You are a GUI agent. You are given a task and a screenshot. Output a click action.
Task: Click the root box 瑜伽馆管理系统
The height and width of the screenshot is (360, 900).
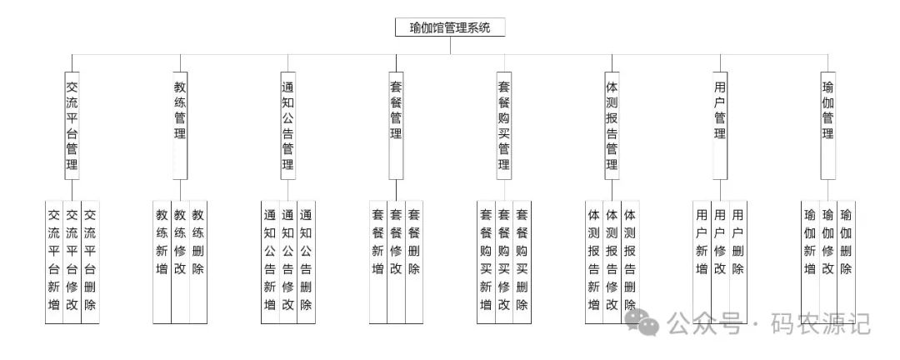tap(450, 27)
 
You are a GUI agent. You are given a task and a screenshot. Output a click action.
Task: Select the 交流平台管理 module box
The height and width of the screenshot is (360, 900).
tap(72, 125)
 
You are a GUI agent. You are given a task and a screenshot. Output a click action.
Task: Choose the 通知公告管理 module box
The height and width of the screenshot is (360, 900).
tap(288, 125)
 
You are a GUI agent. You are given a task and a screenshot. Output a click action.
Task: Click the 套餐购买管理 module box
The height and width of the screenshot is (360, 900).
tap(504, 125)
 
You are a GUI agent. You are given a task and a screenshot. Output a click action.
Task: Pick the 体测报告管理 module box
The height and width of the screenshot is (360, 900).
tap(612, 125)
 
